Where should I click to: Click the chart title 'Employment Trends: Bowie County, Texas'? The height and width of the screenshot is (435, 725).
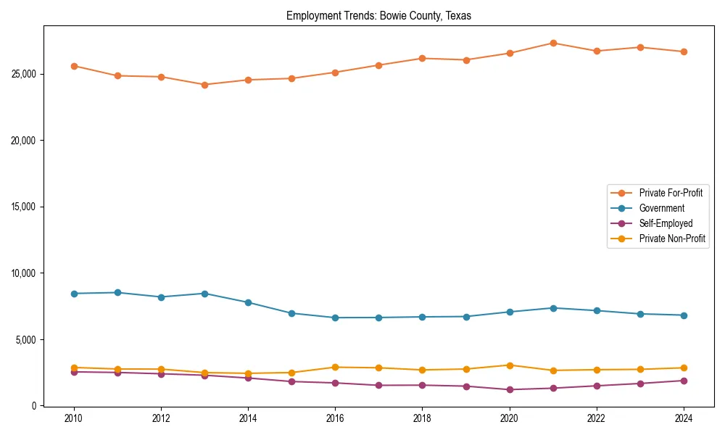pyautogui.click(x=378, y=15)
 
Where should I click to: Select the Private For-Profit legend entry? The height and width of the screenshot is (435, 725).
pyautogui.click(x=670, y=193)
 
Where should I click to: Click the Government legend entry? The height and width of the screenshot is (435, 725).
pyautogui.click(x=661, y=208)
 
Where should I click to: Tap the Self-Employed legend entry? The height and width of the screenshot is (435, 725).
pyautogui.click(x=666, y=223)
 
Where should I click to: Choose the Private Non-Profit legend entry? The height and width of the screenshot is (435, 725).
pyautogui.click(x=672, y=239)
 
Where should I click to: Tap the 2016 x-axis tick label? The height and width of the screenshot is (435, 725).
pyautogui.click(x=335, y=418)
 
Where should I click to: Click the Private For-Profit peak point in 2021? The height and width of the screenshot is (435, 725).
pyautogui.click(x=553, y=43)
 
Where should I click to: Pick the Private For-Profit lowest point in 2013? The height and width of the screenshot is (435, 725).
pyautogui.click(x=204, y=85)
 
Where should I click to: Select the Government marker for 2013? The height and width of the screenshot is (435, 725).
pyautogui.click(x=204, y=294)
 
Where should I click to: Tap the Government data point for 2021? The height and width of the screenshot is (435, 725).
pyautogui.click(x=553, y=308)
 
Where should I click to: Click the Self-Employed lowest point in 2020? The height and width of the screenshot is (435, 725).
pyautogui.click(x=510, y=389)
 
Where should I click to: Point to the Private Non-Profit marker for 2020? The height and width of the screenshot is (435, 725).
pyautogui.click(x=510, y=365)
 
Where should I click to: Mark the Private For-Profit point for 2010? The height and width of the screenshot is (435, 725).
pyautogui.click(x=73, y=66)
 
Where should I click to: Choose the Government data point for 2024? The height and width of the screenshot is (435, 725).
pyautogui.click(x=684, y=315)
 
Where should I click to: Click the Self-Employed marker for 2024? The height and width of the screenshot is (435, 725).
pyautogui.click(x=684, y=381)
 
